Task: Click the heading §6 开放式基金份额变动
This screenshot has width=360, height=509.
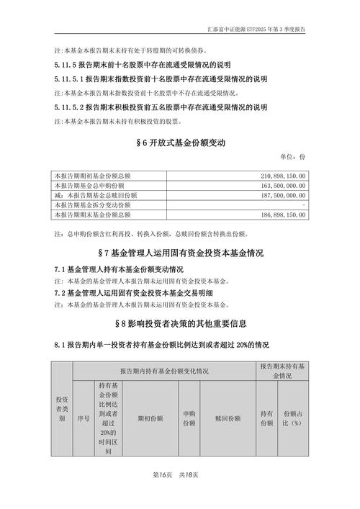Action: point(180,143)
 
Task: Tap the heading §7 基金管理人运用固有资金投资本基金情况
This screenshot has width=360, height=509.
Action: point(180,253)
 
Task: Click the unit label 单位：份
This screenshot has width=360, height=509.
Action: point(292,157)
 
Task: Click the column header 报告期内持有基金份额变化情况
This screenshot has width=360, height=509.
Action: point(164,371)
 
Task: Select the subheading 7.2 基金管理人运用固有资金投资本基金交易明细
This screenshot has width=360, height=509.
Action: point(130,294)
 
